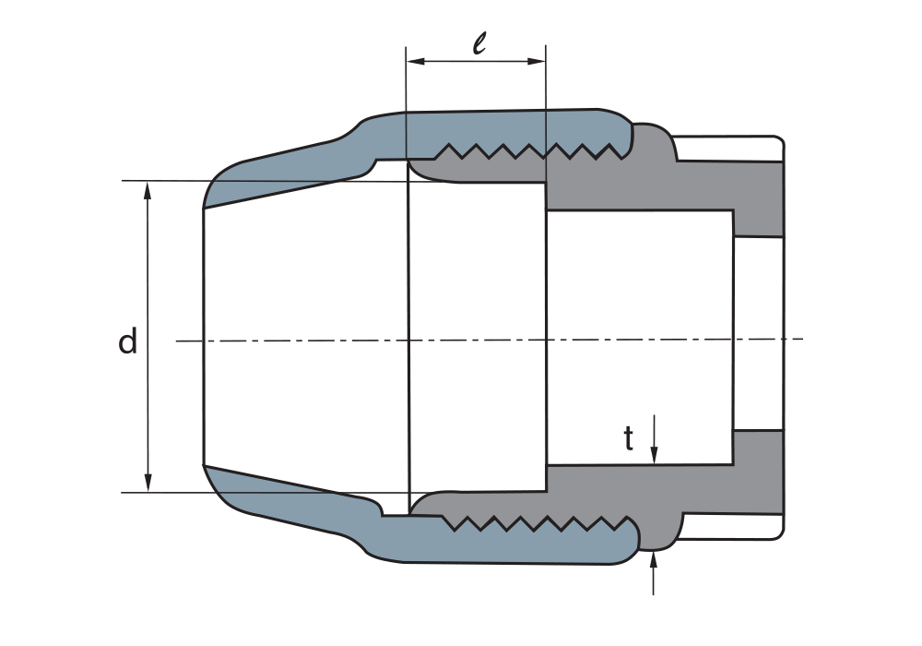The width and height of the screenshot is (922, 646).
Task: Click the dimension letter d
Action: pos(127,341)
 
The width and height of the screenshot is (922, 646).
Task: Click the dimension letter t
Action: pos(629,439)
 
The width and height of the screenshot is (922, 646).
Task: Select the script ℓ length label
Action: pos(479,42)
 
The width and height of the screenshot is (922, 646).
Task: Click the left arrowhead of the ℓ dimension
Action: pos(416,61)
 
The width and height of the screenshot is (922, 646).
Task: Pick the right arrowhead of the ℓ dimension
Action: pos(537,61)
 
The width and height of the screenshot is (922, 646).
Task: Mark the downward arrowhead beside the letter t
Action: pos(654,455)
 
